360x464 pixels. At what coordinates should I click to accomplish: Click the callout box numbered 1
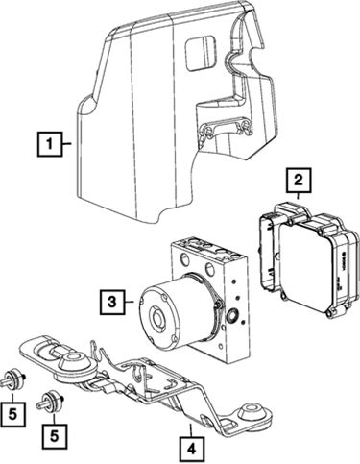pyautogui.click(x=49, y=144)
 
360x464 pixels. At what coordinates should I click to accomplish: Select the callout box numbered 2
pyautogui.click(x=299, y=180)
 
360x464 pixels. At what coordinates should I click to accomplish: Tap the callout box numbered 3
pyautogui.click(x=111, y=302)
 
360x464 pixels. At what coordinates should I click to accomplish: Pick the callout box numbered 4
pyautogui.click(x=191, y=450)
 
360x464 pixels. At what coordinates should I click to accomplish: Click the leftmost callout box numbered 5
pyautogui.click(x=12, y=415)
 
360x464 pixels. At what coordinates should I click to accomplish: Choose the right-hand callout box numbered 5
pyautogui.click(x=55, y=436)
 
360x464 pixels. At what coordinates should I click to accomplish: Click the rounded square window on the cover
pyautogui.click(x=201, y=53)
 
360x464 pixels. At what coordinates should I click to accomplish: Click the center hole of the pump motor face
pyautogui.click(x=158, y=318)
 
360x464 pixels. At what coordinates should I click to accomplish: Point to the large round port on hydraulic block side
pyautogui.click(x=231, y=316)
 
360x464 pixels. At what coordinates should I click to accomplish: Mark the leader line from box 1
pyautogui.click(x=66, y=144)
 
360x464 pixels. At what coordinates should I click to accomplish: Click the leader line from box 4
pyautogui.click(x=191, y=430)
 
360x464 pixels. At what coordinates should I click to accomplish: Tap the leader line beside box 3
pyautogui.click(x=129, y=302)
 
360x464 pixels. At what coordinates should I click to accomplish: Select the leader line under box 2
pyautogui.click(x=299, y=195)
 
